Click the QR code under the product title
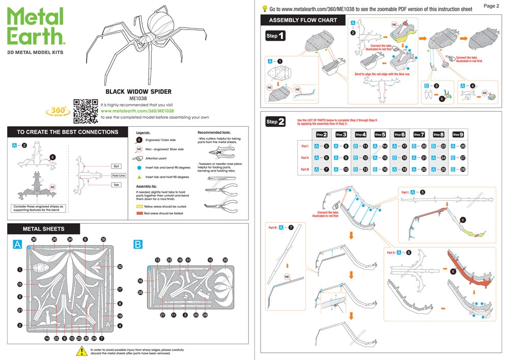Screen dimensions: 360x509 pyautogui.click(x=86, y=110)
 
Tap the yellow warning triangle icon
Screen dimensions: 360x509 pyautogui.click(x=81, y=350)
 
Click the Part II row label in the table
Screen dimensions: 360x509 pyautogui.click(x=305, y=158)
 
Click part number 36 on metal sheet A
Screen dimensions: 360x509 pyautogui.click(x=34, y=239)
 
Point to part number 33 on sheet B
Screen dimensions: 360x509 pyautogui.click(x=225, y=260)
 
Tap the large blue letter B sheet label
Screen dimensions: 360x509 pyautogui.click(x=138, y=245)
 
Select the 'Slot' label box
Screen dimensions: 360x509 pyautogui.click(x=116, y=166)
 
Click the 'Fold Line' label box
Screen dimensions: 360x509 pyautogui.click(x=118, y=176)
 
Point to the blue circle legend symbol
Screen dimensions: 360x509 pyautogui.click(x=139, y=168)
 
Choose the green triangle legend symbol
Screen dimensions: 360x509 pyautogui.click(x=139, y=177)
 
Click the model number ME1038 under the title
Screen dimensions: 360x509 pyautogui.click(x=138, y=98)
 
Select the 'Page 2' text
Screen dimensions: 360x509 pyautogui.click(x=491, y=6)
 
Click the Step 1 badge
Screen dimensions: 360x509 pyautogui.click(x=275, y=36)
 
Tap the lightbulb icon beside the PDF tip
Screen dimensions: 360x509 pyautogui.click(x=265, y=8)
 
